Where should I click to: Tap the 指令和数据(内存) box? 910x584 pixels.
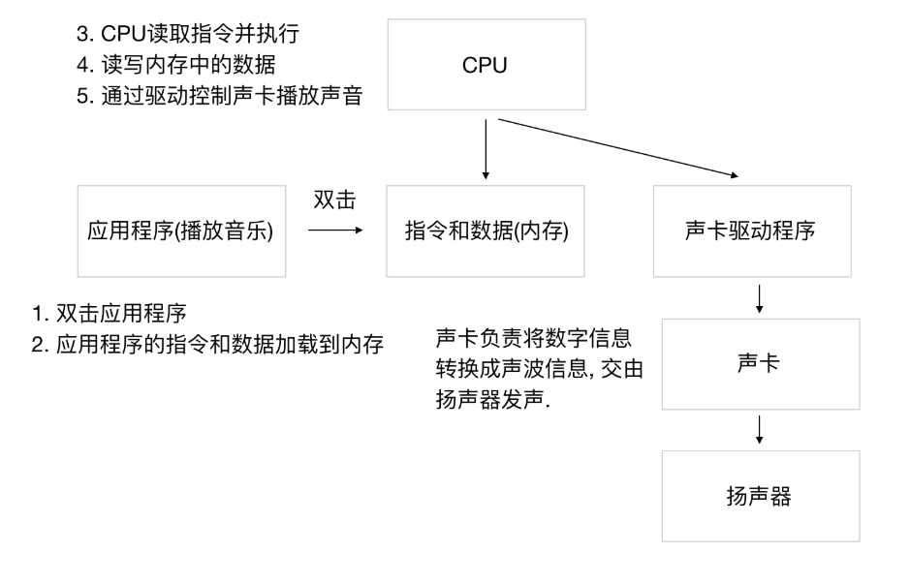[x=486, y=232]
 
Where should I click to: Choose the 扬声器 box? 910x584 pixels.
[x=760, y=498]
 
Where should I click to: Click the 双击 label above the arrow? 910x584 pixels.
[x=334, y=200]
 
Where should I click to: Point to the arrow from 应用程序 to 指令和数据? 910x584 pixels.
[x=334, y=231]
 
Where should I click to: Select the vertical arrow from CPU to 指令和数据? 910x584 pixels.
[x=486, y=149]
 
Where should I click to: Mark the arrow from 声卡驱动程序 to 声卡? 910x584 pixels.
[x=760, y=298]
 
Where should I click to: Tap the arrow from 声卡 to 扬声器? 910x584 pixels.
[x=760, y=427]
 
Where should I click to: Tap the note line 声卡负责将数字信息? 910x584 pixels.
[x=535, y=340]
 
